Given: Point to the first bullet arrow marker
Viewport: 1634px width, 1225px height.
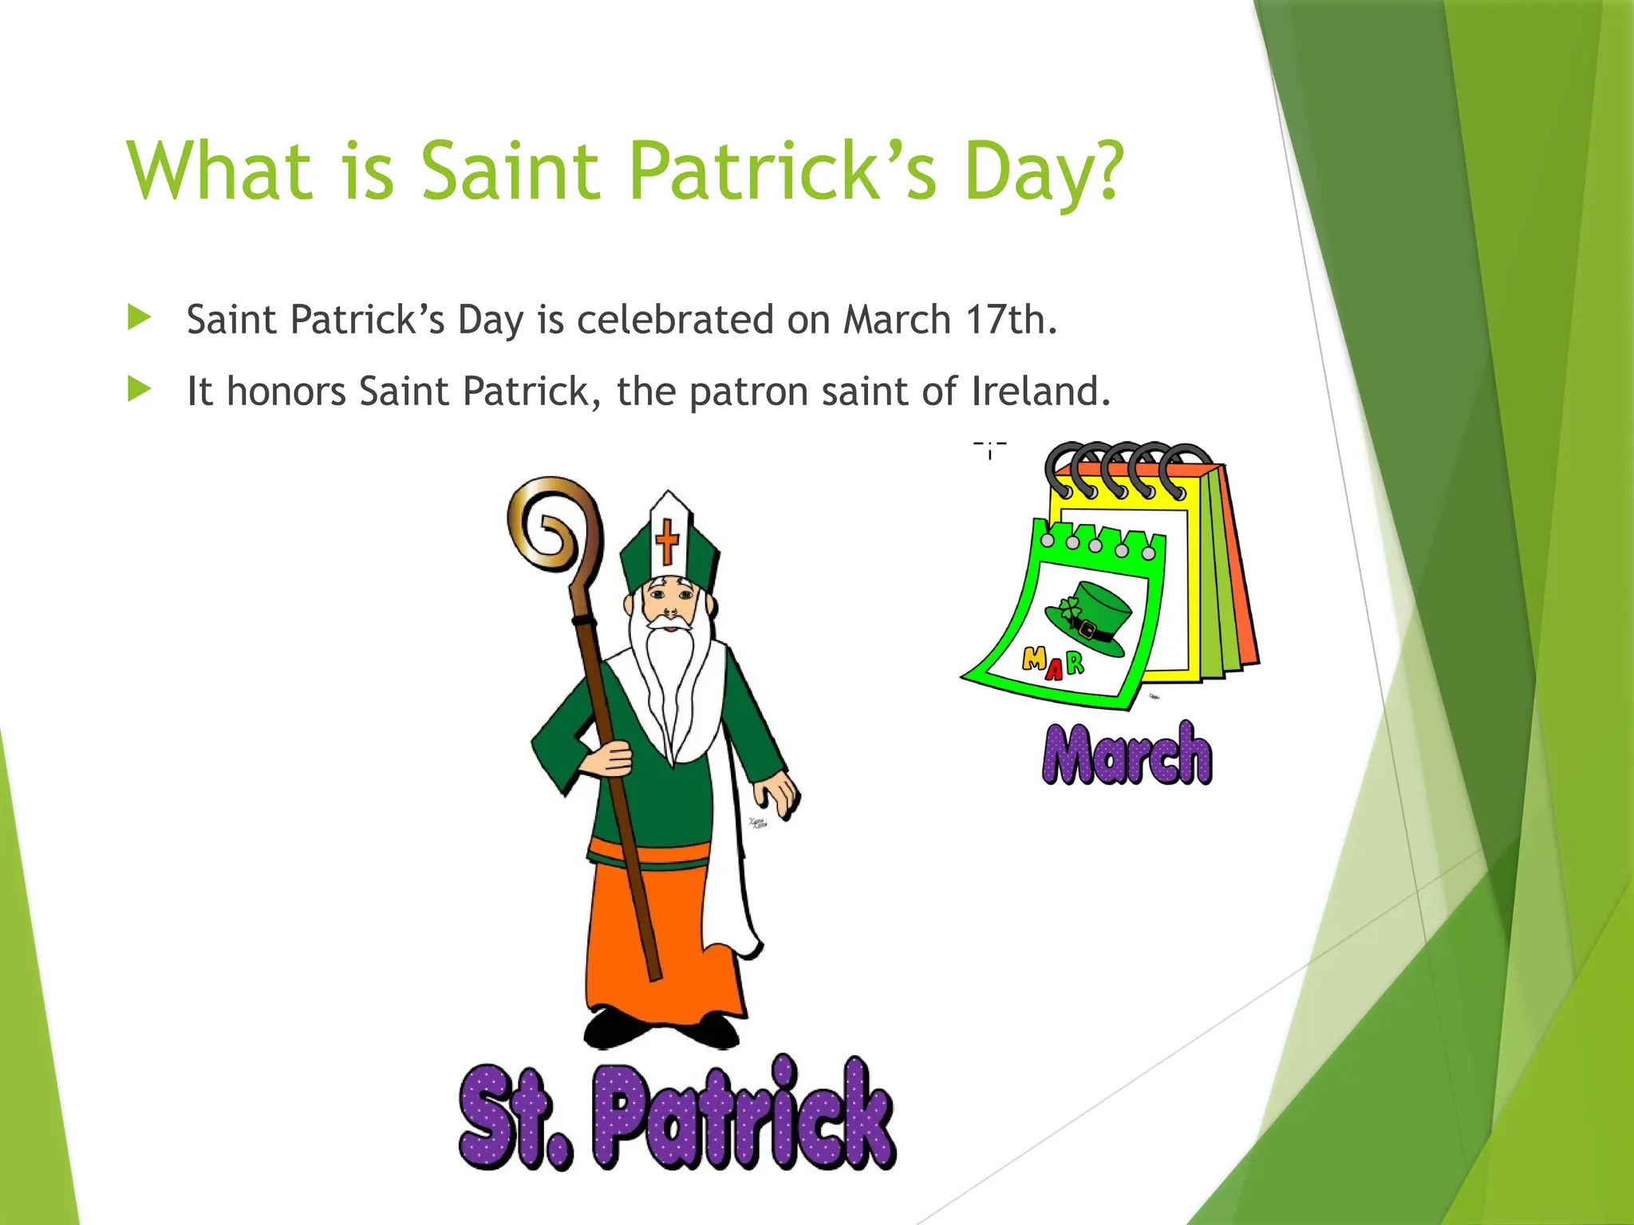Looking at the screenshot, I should pyautogui.click(x=139, y=319).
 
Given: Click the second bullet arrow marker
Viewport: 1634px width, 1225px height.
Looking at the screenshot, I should pyautogui.click(x=139, y=390).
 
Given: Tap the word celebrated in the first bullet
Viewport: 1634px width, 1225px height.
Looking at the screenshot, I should pyautogui.click(x=675, y=320).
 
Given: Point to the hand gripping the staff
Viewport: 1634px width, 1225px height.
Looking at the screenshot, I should pyautogui.click(x=610, y=758).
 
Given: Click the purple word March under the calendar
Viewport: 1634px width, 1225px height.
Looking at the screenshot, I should pyautogui.click(x=1127, y=753).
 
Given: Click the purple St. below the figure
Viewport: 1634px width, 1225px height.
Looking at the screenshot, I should pyautogui.click(x=515, y=1117).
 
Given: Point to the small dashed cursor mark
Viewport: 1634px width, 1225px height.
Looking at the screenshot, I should pyautogui.click(x=990, y=449).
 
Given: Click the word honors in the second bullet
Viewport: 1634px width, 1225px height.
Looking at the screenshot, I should pyautogui.click(x=286, y=392).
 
